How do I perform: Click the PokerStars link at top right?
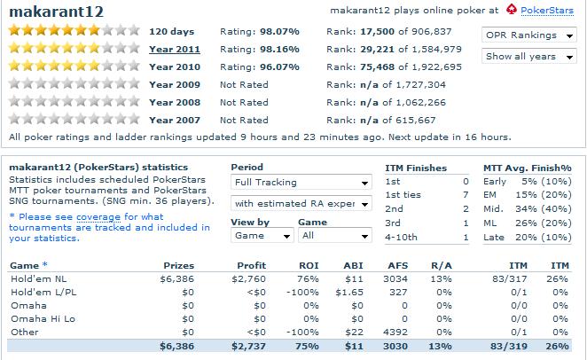[x=548, y=11]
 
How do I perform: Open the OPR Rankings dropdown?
[x=531, y=35]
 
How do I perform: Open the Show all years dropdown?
[x=531, y=57]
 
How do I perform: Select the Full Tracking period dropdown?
[x=301, y=183]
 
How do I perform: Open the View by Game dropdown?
[x=262, y=236]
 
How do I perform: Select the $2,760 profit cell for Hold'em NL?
[x=251, y=279]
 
